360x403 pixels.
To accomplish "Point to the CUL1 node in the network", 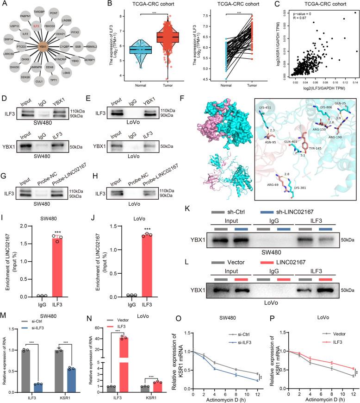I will point(39,81).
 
